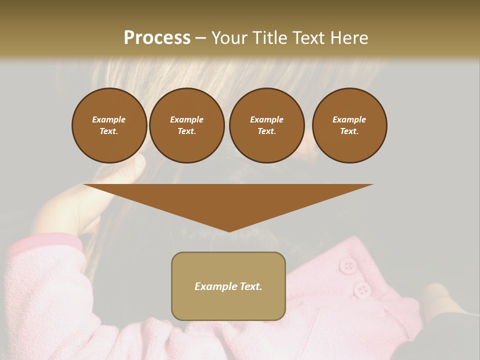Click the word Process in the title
coord(157,38)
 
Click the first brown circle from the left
coord(109,125)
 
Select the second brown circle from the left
coord(186,125)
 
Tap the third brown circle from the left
coord(266,125)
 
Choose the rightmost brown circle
coord(349,125)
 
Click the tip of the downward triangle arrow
coord(229,231)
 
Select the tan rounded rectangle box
coord(228,286)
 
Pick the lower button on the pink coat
coord(361,289)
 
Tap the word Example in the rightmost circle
coord(349,119)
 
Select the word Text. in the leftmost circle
coord(109,131)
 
